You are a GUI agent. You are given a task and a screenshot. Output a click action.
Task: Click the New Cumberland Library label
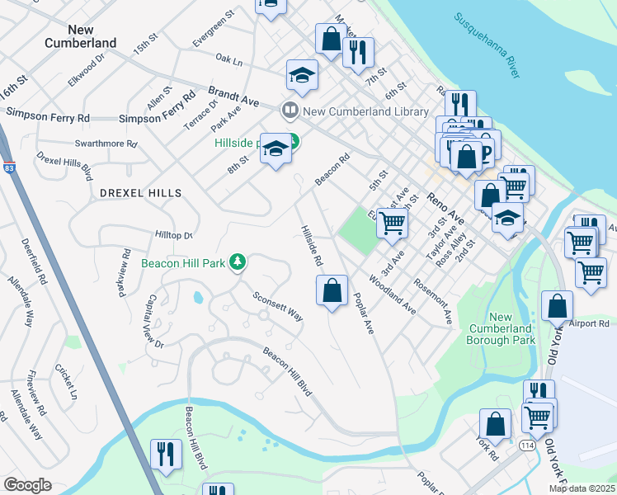coord(365,111)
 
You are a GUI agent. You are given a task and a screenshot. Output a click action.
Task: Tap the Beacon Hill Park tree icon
coord(238,262)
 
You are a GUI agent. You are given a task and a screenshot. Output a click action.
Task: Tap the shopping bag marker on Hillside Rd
coord(332,290)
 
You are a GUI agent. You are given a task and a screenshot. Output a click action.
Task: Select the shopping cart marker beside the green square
coord(392,222)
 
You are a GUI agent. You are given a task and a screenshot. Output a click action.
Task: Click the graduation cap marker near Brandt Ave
coord(302,74)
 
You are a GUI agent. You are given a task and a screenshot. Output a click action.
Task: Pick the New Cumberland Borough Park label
coord(512,328)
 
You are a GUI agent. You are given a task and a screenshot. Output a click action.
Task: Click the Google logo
coord(27,485)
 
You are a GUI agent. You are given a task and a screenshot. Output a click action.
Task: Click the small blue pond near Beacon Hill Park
coord(199,297)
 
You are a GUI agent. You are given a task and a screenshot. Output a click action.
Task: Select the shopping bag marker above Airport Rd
coord(558,304)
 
